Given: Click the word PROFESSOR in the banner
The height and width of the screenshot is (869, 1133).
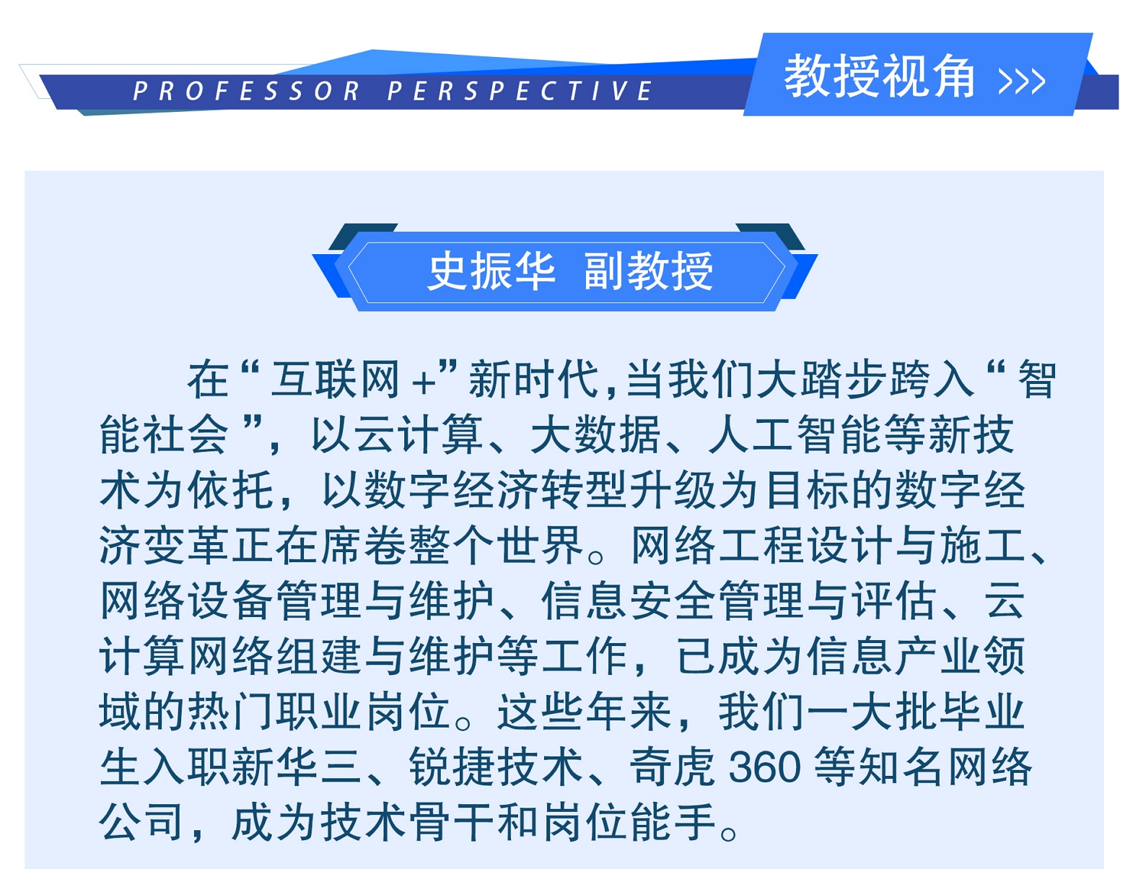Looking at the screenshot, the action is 246,91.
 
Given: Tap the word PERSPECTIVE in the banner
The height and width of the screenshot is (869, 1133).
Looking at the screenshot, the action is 520,91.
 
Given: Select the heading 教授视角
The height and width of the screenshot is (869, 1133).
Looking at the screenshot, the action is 879,76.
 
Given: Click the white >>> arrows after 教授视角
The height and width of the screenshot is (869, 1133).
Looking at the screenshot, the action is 1022,82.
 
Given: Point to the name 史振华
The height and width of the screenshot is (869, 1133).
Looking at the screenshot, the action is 491,271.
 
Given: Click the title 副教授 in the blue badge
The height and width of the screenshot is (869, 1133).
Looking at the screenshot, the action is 648,271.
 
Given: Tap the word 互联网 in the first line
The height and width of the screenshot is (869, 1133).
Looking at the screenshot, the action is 336,380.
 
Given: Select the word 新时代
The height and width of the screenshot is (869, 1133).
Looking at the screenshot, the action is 533,380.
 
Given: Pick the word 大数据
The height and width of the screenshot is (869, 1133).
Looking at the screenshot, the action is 595,434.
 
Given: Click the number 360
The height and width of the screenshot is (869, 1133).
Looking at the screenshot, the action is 764,767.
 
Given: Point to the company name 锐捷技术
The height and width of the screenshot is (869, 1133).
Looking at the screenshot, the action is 496,767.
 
